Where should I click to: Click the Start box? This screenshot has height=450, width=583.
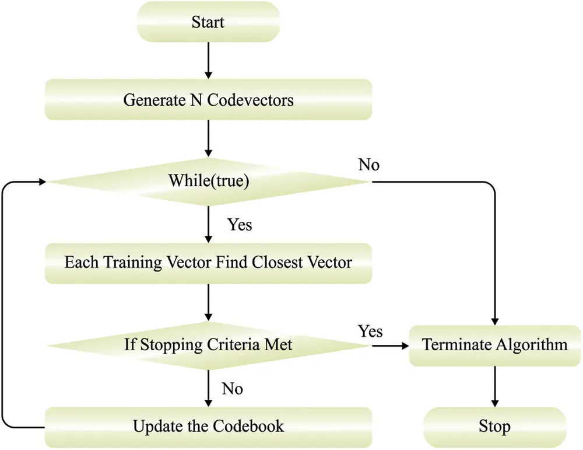click(208, 23)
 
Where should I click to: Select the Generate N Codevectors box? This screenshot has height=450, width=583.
click(208, 100)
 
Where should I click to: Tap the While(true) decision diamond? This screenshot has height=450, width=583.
click(208, 182)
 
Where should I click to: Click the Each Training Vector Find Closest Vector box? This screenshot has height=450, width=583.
click(208, 262)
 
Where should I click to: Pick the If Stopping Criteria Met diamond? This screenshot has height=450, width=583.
click(208, 345)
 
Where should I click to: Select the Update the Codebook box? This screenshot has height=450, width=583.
click(208, 426)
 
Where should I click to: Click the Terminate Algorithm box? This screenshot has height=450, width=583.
click(495, 345)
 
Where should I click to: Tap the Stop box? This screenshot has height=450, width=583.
click(495, 426)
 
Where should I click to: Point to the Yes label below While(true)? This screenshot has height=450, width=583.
click(240, 225)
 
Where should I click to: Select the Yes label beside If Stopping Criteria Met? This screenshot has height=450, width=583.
click(371, 332)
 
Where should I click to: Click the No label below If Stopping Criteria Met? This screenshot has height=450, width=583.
click(233, 388)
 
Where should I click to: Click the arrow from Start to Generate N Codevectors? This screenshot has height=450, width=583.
click(208, 61)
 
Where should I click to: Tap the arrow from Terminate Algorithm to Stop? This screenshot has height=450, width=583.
click(495, 386)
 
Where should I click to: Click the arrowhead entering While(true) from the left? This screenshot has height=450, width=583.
click(42, 182)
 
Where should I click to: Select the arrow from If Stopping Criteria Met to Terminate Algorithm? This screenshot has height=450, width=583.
click(390, 346)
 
